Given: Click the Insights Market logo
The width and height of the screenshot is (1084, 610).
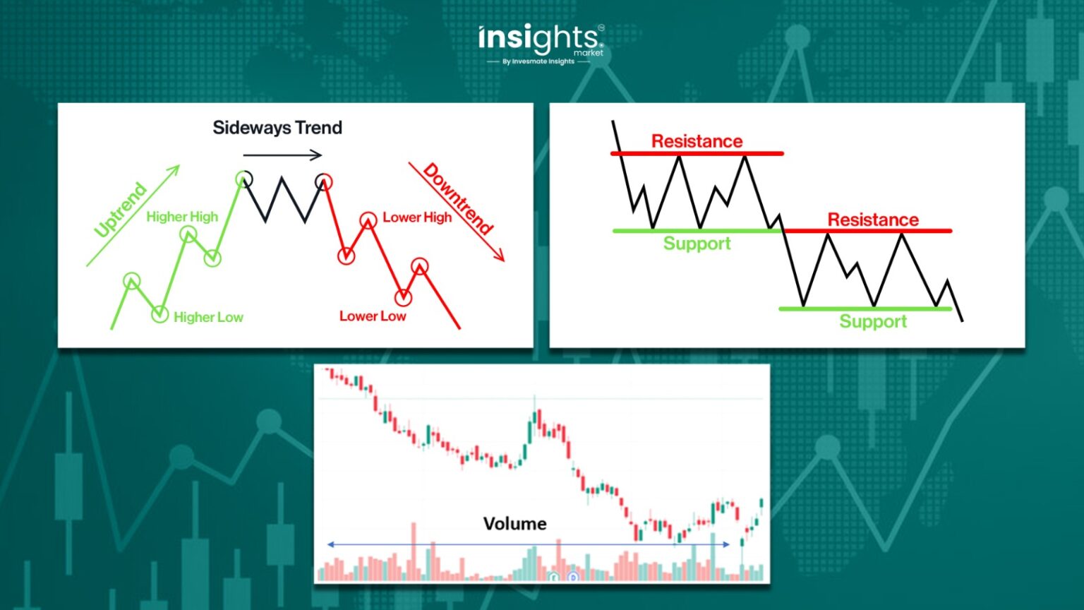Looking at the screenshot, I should (x=540, y=40).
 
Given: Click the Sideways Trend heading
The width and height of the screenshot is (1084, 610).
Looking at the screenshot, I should (x=277, y=128).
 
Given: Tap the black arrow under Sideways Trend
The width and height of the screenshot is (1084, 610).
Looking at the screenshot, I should (x=282, y=155).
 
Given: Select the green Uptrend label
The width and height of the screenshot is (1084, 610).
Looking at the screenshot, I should (x=121, y=209).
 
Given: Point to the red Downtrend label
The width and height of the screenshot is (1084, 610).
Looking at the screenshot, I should (x=458, y=198).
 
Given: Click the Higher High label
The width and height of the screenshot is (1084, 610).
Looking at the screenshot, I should (x=182, y=217).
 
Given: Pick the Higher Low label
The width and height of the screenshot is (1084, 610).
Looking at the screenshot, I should (x=208, y=318).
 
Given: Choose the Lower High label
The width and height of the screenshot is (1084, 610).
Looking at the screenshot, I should (x=417, y=217).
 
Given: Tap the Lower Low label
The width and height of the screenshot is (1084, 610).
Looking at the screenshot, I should (x=373, y=316).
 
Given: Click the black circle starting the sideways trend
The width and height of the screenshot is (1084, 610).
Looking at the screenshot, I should (x=243, y=179).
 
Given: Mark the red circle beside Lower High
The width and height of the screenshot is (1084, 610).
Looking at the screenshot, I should (x=368, y=220).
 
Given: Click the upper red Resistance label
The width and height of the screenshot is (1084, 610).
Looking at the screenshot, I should (x=697, y=141).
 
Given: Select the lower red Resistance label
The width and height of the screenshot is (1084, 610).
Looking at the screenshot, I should (x=873, y=220).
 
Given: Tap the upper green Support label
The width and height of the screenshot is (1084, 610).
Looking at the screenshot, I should (x=697, y=244).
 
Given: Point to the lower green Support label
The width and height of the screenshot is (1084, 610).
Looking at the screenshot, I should (x=873, y=322).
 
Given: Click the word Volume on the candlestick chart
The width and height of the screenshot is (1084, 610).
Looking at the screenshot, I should (x=514, y=524).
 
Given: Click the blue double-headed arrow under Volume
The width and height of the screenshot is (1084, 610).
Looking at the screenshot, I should (x=528, y=544).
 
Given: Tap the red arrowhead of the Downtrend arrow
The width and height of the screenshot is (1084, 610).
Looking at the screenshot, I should (x=500, y=257).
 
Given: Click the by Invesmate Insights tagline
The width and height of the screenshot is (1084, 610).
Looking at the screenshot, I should (x=538, y=61).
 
